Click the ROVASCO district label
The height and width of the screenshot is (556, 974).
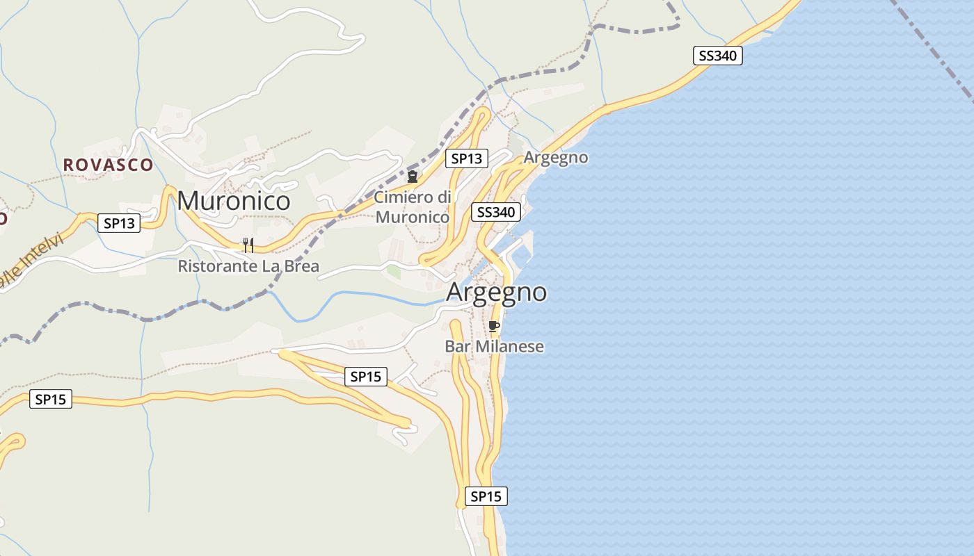pos(108,165)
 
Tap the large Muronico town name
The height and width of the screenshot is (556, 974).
pos(233,201)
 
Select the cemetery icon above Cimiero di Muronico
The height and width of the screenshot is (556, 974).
pos(413,177)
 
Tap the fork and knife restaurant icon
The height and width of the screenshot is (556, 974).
pos(248,245)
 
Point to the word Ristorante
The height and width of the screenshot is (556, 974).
pos(217,266)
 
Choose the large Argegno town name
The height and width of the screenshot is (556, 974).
pos(496,292)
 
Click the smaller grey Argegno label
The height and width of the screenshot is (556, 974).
pos(555,158)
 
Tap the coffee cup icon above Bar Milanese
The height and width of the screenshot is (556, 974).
pos(494,326)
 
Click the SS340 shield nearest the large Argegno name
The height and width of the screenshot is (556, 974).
pos(496,212)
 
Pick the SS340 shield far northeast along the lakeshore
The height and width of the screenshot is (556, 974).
pos(717,56)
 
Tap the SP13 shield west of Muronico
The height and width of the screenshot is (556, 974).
pos(119,223)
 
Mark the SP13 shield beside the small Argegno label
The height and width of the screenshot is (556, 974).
pos(466,158)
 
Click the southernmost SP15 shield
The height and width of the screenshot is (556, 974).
pos(486,496)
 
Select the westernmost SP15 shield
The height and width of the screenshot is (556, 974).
pos(51,399)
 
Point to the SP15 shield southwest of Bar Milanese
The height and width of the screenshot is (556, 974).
pos(366,377)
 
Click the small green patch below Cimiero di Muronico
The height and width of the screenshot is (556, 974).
pos(394,272)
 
